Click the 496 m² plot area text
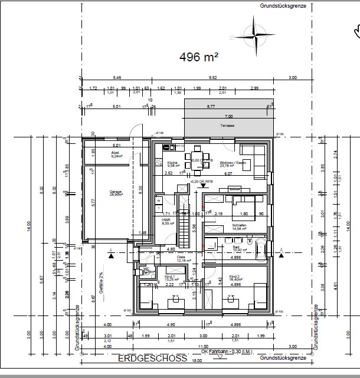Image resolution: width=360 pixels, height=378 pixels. pyautogui.click(x=199, y=57)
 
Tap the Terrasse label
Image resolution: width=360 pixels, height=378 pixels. pyautogui.click(x=227, y=126)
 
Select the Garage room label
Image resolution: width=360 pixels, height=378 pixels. pyautogui.click(x=116, y=192)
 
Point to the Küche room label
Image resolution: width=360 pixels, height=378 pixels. pyautogui.click(x=172, y=163)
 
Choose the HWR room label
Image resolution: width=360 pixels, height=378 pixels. pyautogui.click(x=166, y=219)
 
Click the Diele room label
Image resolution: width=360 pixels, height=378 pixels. pyautogui.click(x=181, y=257)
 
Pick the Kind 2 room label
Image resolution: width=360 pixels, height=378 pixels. pyautogui.click(x=234, y=276)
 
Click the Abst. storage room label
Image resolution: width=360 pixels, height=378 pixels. pyautogui.click(x=116, y=153)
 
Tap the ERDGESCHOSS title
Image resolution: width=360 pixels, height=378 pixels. pyautogui.click(x=152, y=358)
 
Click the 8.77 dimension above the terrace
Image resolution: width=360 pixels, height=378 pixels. pyautogui.click(x=211, y=106)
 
